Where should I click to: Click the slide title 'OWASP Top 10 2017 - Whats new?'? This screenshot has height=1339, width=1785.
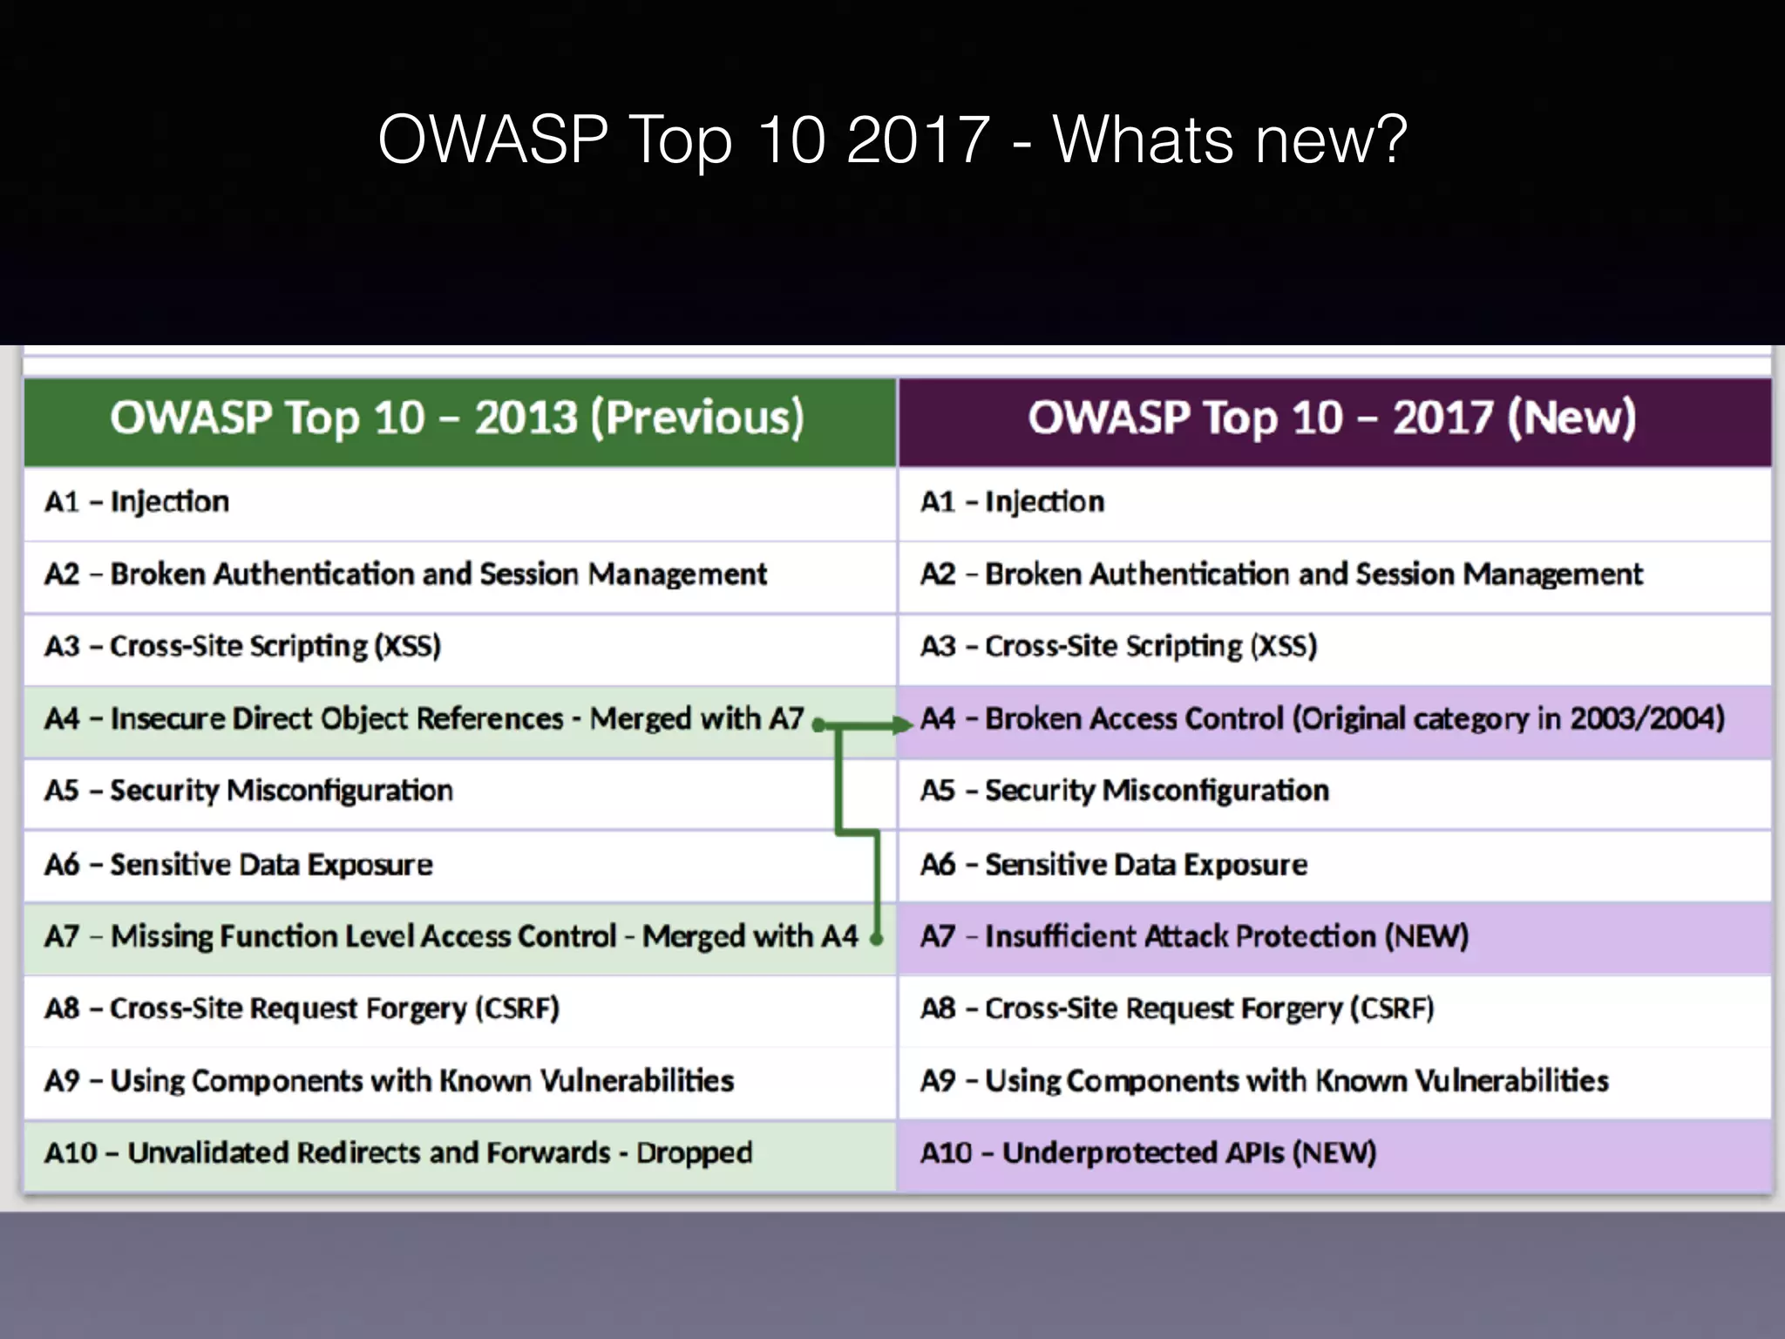[892, 139]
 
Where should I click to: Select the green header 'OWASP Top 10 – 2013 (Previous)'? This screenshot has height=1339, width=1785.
[458, 418]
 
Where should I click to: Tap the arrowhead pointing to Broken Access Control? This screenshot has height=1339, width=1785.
[903, 724]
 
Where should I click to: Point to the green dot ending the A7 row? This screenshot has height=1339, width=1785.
[877, 939]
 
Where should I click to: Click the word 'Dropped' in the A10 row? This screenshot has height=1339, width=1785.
[694, 1153]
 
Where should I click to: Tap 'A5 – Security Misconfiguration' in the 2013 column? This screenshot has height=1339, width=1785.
[249, 791]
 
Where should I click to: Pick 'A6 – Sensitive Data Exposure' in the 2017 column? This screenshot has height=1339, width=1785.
[1114, 865]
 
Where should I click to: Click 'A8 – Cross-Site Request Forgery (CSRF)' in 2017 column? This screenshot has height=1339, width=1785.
[1177, 1009]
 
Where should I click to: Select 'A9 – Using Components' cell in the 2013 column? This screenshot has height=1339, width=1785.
[389, 1081]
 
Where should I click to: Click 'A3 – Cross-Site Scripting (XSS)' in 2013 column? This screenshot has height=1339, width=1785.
[243, 646]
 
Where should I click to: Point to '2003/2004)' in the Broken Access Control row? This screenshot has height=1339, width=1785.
[1647, 719]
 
